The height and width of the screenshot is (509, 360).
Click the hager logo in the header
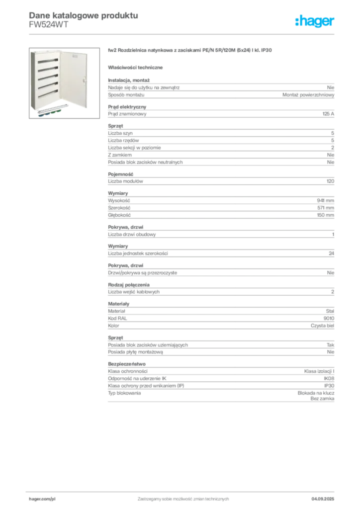314,21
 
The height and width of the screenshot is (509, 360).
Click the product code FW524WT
49,25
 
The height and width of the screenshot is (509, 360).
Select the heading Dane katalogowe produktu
84,15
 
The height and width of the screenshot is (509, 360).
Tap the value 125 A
328,114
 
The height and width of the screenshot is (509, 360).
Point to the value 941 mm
326,201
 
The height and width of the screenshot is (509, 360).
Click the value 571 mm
326,208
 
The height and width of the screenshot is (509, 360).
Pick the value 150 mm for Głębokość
326,215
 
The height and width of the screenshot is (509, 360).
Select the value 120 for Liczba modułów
331,181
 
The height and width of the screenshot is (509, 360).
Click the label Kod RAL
117,319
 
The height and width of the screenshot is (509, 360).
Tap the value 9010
329,319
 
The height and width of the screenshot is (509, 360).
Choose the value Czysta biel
322,326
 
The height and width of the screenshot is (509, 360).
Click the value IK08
329,378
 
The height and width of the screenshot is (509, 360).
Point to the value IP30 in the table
329,386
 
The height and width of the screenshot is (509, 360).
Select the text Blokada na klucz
316,393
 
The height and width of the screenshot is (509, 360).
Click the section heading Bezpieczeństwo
127,364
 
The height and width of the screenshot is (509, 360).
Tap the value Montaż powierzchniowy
308,95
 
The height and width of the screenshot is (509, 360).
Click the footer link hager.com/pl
42,499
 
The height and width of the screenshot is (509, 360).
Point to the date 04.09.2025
323,499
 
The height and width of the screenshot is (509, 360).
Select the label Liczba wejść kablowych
134,292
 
